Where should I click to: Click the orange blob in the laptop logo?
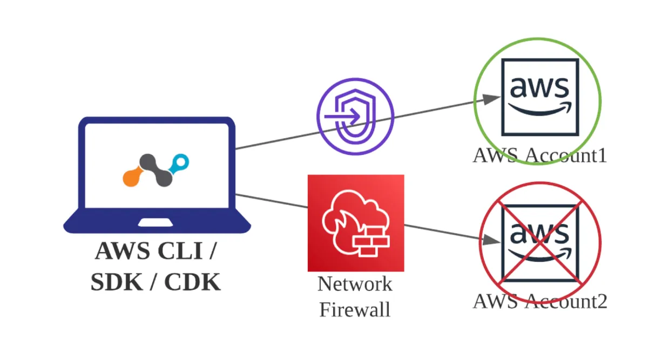(x=132, y=177)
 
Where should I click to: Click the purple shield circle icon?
(x=355, y=116)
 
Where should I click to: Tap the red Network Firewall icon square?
(x=356, y=223)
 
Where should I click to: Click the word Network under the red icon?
(x=355, y=283)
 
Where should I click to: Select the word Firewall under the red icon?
(x=355, y=310)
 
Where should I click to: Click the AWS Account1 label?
(x=539, y=155)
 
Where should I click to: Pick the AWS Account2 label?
(x=539, y=301)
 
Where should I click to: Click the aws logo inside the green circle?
(x=539, y=96)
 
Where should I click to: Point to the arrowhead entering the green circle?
(x=491, y=99)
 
